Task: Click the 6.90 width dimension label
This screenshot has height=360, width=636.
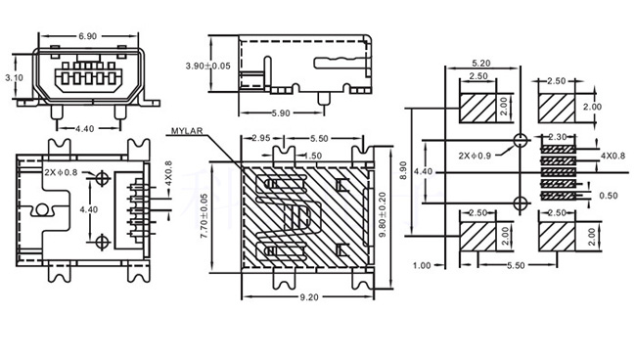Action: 88,36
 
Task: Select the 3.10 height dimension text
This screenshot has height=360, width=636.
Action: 14,77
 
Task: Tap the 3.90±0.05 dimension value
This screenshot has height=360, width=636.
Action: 208,66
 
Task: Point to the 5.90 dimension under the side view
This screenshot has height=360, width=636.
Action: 281,113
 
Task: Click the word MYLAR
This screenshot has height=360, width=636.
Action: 187,131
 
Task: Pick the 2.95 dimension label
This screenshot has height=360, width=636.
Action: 261,138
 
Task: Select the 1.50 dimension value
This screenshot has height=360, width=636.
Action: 312,156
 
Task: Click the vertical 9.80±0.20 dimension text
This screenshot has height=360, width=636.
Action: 382,215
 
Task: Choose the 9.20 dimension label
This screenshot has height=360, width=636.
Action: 309,297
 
